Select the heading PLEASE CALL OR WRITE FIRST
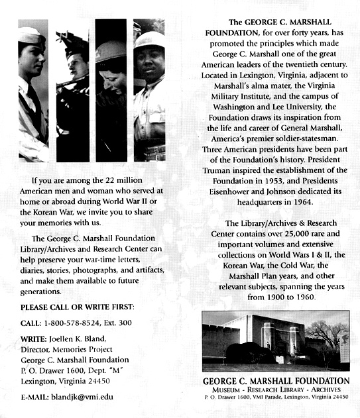(78, 307)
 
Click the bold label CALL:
(32, 323)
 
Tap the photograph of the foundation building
(276, 340)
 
